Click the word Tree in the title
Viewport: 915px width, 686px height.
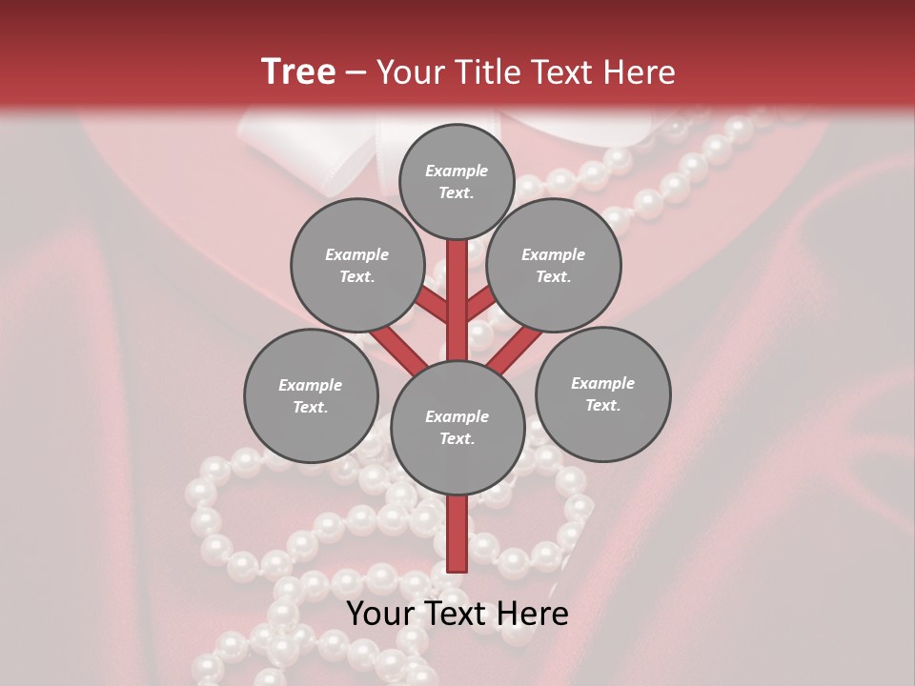[298, 71]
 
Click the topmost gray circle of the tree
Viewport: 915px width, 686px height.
[457, 181]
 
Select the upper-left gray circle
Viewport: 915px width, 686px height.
[356, 265]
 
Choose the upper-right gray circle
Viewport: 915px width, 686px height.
[554, 265]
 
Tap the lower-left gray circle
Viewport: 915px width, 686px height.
[311, 395]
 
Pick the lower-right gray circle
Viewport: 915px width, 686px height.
[602, 393]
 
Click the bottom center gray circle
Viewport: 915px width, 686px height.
[457, 427]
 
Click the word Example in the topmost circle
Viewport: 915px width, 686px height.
[457, 171]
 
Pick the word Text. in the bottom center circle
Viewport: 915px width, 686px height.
[457, 438]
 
